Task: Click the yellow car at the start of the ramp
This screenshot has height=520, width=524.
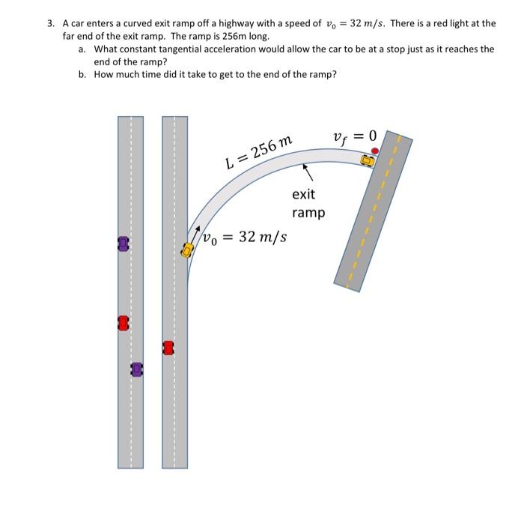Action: (187, 250)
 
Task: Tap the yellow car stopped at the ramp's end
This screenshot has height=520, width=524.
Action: (368, 160)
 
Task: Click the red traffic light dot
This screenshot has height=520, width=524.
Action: (376, 151)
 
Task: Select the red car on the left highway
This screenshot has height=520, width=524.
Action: (124, 323)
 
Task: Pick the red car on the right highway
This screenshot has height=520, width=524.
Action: (168, 348)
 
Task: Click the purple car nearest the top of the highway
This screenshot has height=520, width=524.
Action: (124, 244)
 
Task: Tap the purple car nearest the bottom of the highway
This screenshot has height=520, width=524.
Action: (136, 369)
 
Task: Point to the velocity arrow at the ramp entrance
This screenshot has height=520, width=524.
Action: (196, 233)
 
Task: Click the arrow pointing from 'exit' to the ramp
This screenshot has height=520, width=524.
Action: (305, 172)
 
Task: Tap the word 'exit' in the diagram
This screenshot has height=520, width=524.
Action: (303, 194)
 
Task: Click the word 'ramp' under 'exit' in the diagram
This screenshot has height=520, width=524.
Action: (308, 213)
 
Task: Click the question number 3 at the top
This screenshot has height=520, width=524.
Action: (50, 23)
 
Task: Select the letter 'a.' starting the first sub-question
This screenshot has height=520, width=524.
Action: (83, 49)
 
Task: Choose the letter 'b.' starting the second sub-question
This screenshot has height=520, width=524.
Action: (83, 75)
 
